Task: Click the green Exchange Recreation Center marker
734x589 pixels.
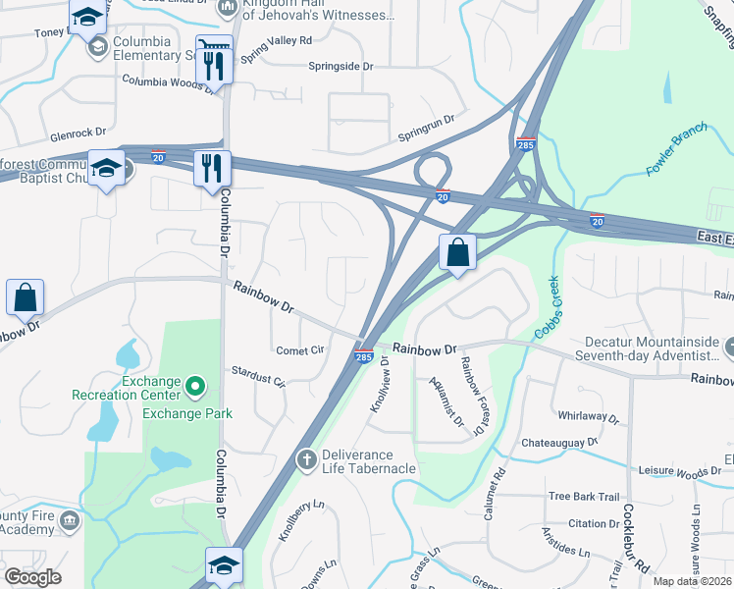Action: click(x=194, y=387)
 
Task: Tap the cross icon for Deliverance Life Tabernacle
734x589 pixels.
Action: click(x=306, y=459)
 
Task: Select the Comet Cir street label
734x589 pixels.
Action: click(x=300, y=349)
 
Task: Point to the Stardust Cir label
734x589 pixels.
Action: click(x=257, y=374)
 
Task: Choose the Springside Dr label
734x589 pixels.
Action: click(x=342, y=67)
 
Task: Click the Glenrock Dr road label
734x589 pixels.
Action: click(x=79, y=134)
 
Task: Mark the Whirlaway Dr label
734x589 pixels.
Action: click(x=589, y=418)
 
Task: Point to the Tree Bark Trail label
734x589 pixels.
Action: click(x=585, y=497)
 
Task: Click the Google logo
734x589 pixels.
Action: click(x=32, y=577)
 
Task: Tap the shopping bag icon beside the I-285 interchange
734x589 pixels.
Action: click(x=457, y=252)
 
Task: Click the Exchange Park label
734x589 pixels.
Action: click(x=187, y=413)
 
